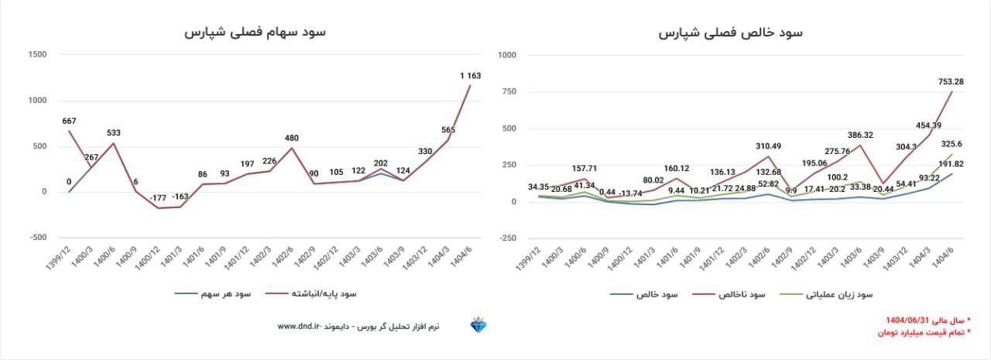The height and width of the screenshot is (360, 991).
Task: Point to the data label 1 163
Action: [470, 75]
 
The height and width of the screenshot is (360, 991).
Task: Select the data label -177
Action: [159, 197]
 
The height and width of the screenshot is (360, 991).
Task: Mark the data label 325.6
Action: [951, 143]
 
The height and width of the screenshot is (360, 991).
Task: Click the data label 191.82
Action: [951, 164]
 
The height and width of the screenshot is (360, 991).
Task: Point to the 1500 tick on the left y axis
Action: [36, 54]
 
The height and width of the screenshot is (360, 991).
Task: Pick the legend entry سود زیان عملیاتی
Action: [839, 294]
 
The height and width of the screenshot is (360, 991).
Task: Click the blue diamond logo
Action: [478, 326]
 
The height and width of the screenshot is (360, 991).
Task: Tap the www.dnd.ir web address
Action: [298, 327]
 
